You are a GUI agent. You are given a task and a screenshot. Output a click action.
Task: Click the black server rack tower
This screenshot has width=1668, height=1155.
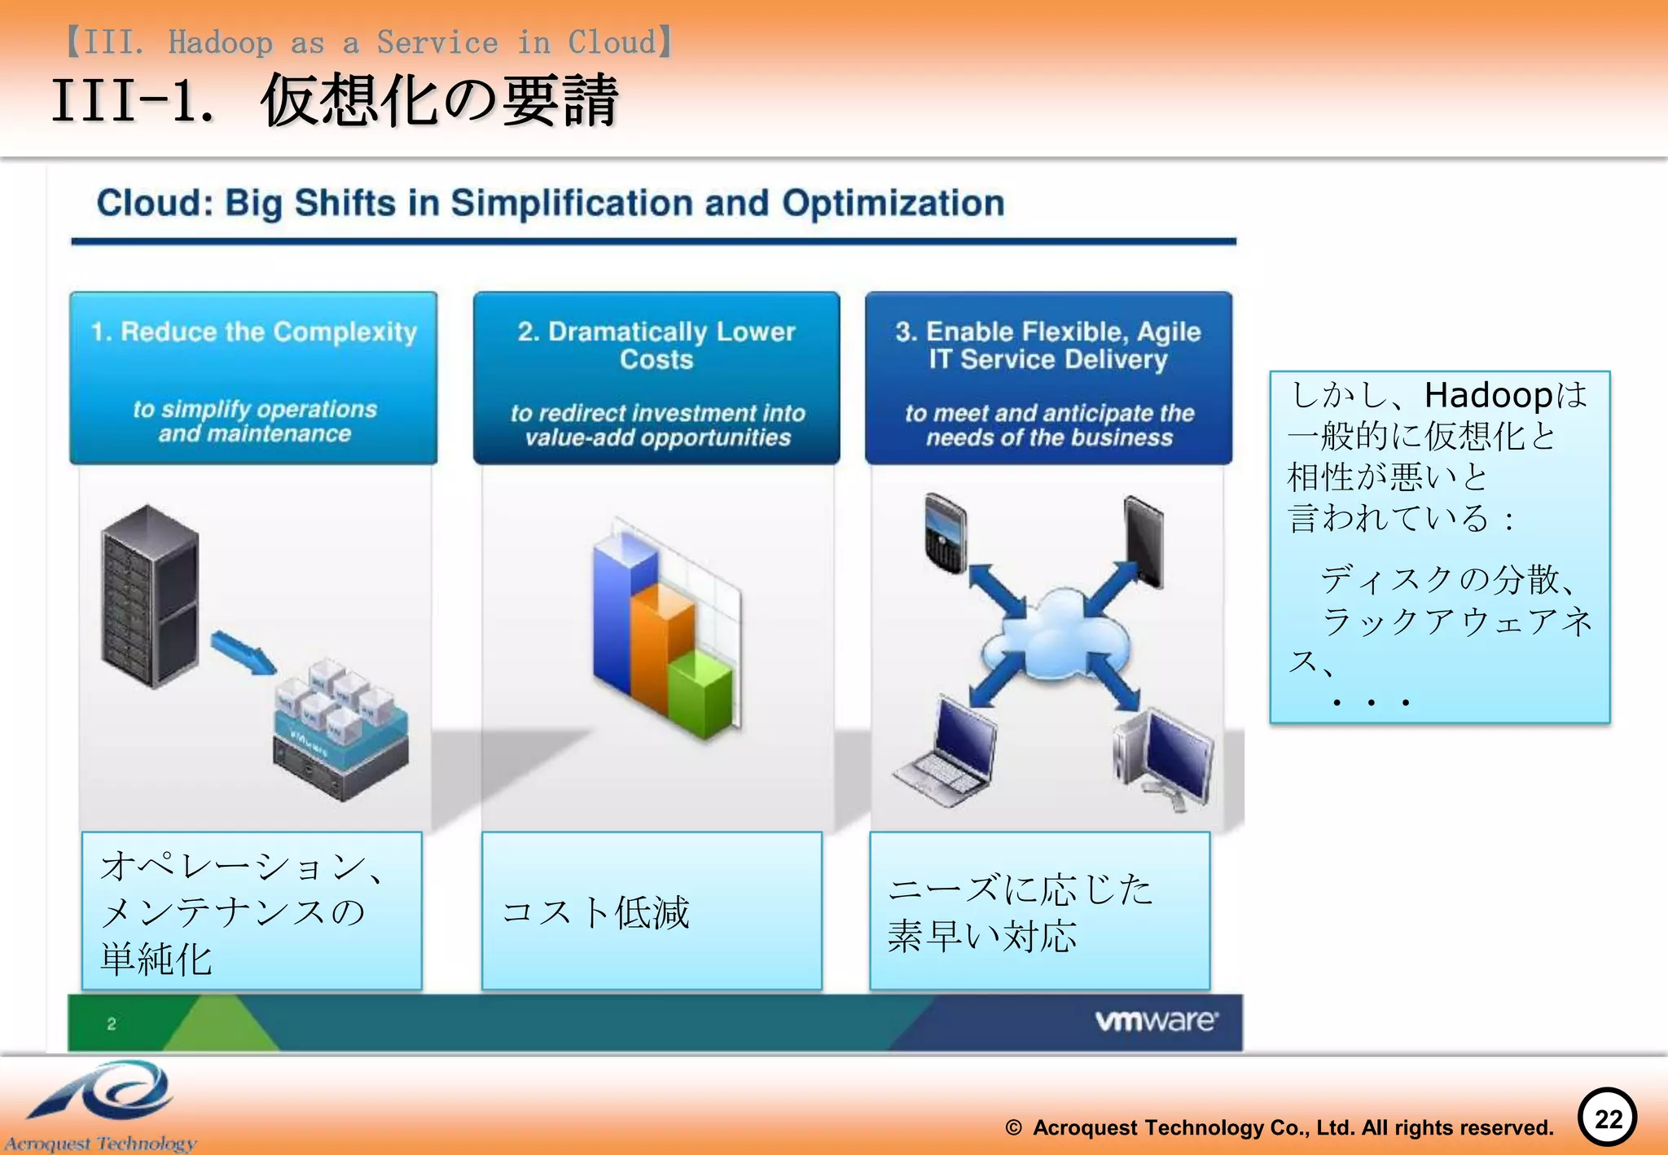(150, 597)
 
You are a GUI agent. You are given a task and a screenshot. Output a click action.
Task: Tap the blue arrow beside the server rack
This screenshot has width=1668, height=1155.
(243, 652)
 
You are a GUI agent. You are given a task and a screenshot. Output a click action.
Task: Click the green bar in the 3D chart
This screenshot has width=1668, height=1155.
(700, 692)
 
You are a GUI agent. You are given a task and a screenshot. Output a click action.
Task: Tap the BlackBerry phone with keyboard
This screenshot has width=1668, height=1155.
(946, 534)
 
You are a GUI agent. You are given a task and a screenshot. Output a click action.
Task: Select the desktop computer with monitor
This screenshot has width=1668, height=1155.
(1165, 758)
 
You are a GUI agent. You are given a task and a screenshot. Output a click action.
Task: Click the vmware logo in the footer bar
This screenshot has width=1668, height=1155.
(1156, 1021)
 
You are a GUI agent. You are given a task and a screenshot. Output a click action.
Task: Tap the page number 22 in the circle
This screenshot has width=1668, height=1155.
(1608, 1118)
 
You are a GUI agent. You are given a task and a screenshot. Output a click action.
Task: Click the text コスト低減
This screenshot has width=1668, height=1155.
(595, 912)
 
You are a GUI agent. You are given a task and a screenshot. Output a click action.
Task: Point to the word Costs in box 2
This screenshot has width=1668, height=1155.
(656, 359)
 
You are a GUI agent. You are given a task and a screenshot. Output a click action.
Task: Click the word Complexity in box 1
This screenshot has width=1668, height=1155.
(345, 332)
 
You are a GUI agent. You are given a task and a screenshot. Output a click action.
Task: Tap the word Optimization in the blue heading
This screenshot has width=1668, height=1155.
(893, 204)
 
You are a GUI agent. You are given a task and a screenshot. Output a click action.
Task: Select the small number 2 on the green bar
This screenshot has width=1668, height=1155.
(112, 1024)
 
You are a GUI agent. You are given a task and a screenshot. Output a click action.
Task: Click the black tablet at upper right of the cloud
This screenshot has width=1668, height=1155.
(1143, 540)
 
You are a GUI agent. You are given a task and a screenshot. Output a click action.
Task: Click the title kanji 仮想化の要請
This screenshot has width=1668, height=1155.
(440, 101)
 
